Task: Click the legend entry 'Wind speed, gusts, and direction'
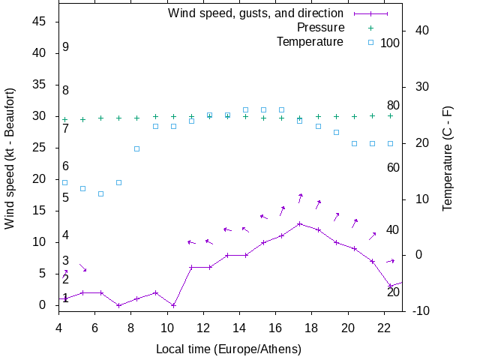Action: [x=255, y=13]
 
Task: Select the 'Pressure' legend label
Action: [x=320, y=28]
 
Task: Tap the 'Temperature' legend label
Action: [x=310, y=42]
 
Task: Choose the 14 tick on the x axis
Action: [x=239, y=327]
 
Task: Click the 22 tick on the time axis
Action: [x=384, y=327]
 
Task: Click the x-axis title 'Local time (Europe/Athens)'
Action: [x=229, y=349]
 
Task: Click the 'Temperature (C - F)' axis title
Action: [x=448, y=158]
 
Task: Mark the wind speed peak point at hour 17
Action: [x=299, y=223]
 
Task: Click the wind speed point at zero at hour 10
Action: [x=173, y=305]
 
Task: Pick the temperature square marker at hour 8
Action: [x=137, y=148]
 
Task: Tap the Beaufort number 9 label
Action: [x=66, y=47]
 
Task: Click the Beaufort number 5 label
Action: [x=66, y=198]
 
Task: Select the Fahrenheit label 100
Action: [x=390, y=43]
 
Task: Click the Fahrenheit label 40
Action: [x=393, y=229]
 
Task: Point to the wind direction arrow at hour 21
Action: [x=372, y=235]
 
